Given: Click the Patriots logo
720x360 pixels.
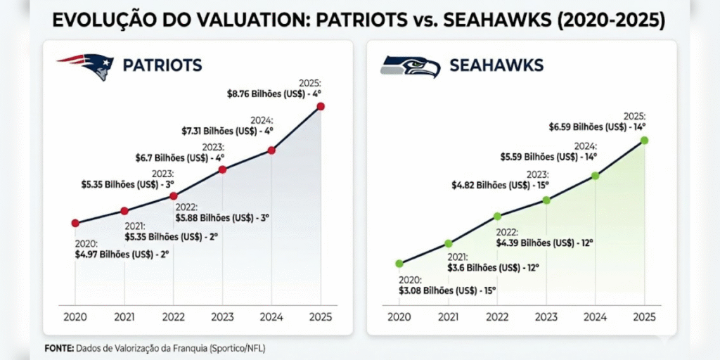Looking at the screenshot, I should (86, 66).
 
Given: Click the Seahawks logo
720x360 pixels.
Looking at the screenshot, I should (410, 66).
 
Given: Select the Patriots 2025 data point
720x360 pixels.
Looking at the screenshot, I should (321, 106).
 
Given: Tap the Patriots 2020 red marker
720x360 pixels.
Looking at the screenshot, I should (75, 223).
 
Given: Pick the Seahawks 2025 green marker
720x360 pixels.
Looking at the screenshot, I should (644, 141).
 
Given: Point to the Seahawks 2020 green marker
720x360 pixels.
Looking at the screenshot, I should (399, 264).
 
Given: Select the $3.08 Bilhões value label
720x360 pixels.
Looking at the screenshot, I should (448, 289).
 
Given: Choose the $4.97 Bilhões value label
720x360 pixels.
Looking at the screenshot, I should (122, 254).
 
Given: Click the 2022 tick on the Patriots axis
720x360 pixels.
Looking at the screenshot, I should (174, 316).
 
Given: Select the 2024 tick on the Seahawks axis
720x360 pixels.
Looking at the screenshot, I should (595, 316).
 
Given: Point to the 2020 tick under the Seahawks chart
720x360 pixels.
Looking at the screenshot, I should (399, 316).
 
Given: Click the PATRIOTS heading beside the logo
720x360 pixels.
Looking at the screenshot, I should (162, 66).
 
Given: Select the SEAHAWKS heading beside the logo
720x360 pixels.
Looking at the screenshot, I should (496, 66).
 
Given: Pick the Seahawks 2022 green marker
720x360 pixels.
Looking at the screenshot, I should (497, 216).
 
